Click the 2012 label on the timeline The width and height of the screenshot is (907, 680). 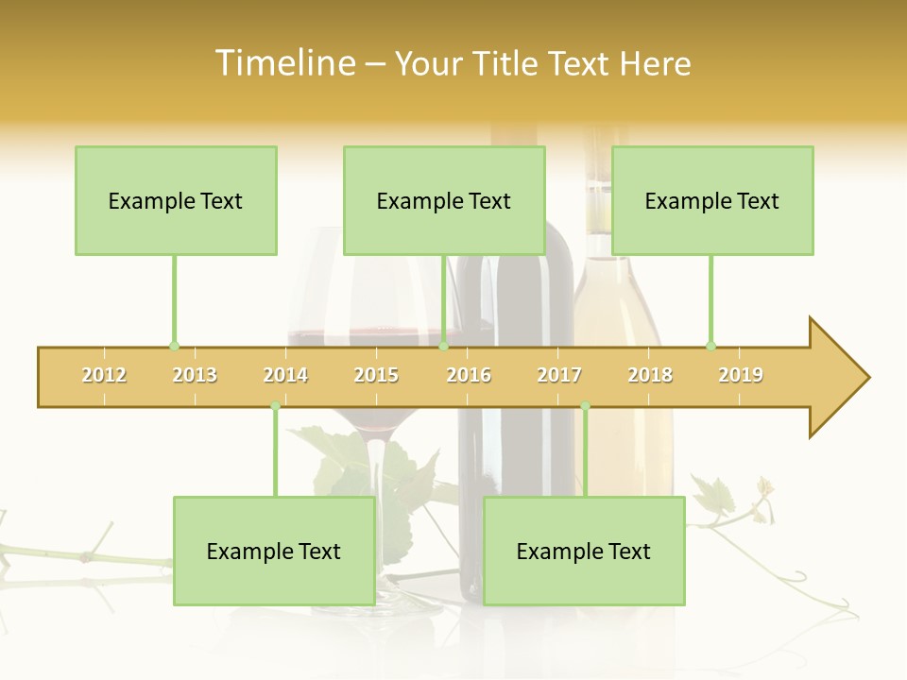pyautogui.click(x=104, y=375)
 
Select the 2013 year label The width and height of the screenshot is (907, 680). pyautogui.click(x=195, y=375)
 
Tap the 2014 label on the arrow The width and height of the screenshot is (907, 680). pyautogui.click(x=285, y=375)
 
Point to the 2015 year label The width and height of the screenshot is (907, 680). pyautogui.click(x=376, y=375)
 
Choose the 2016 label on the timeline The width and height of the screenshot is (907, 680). pyautogui.click(x=469, y=375)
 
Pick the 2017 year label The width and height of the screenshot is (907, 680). pyautogui.click(x=559, y=375)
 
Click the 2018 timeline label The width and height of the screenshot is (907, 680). pyautogui.click(x=650, y=375)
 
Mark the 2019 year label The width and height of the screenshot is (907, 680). pyautogui.click(x=741, y=375)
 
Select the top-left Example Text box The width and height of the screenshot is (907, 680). pyautogui.click(x=176, y=200)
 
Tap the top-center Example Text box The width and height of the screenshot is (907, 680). pyautogui.click(x=444, y=200)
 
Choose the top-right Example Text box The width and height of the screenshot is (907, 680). pyautogui.click(x=712, y=200)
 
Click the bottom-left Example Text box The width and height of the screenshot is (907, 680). pyautogui.click(x=274, y=551)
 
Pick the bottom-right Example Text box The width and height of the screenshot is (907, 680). pyautogui.click(x=584, y=551)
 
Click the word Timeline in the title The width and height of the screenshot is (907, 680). pyautogui.click(x=284, y=63)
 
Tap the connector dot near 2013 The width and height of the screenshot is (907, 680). pyautogui.click(x=174, y=346)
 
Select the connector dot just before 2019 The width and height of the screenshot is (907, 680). pyautogui.click(x=710, y=346)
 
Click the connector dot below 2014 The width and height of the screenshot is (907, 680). pyautogui.click(x=275, y=406)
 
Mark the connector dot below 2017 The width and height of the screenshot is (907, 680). pyautogui.click(x=585, y=406)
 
